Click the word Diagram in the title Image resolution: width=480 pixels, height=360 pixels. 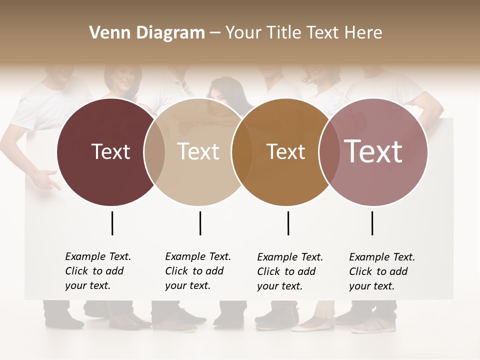(x=170, y=33)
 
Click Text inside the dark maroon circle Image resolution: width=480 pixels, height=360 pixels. (x=110, y=151)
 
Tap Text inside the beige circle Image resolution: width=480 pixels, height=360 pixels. (x=198, y=151)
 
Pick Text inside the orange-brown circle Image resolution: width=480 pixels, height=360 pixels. (x=285, y=151)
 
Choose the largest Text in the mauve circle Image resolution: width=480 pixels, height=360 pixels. (x=373, y=151)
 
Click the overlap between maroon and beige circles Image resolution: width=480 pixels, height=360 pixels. (x=154, y=152)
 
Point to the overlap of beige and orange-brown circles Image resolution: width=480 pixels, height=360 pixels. (x=242, y=152)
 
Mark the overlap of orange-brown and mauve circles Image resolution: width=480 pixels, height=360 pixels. (x=329, y=152)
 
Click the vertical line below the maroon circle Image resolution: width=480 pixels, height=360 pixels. (x=112, y=223)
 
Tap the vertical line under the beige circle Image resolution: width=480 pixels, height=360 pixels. (x=200, y=223)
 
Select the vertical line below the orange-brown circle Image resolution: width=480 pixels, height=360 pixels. (x=288, y=223)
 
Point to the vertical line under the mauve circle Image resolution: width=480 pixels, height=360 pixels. (x=372, y=223)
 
